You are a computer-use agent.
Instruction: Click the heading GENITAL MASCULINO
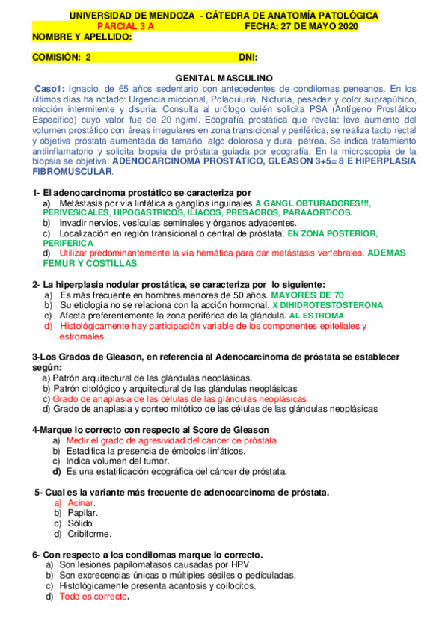pyautogui.click(x=224, y=78)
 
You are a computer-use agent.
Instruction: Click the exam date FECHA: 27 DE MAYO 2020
pyautogui.click(x=301, y=26)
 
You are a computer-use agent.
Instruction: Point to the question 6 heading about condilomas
pyautogui.click(x=147, y=555)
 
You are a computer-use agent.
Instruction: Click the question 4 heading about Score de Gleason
pyautogui.click(x=150, y=430)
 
